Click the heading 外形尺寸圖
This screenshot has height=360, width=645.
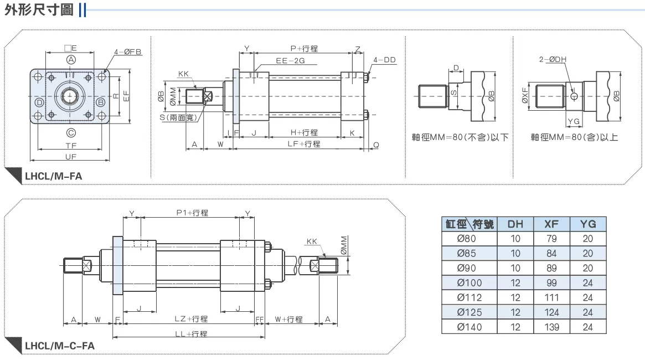coord(39,9)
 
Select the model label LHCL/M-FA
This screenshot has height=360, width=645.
coord(54,176)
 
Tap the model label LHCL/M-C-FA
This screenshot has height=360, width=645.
coord(60,346)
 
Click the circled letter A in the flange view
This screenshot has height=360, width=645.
coord(71,60)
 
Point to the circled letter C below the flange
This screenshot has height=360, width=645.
coord(71,132)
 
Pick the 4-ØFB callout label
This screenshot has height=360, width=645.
coord(127,52)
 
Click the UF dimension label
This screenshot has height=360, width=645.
coord(71,156)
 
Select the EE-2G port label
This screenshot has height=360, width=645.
coord(290,60)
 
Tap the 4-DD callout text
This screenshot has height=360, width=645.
coord(384,60)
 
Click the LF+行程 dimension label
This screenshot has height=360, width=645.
coord(303,144)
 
